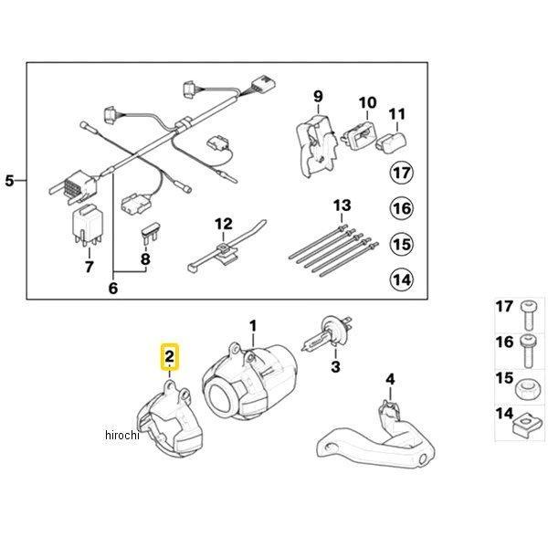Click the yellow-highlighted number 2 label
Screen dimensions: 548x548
pyautogui.click(x=170, y=357)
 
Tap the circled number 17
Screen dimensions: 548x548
pyautogui.click(x=402, y=173)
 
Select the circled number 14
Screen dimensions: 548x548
pyautogui.click(x=402, y=279)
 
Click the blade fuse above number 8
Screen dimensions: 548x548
pyautogui.click(x=150, y=234)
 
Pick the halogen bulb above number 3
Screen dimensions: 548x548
pyautogui.click(x=327, y=332)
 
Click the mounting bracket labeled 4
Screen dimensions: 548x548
pyautogui.click(x=376, y=433)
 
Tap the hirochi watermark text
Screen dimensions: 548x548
pyautogui.click(x=122, y=435)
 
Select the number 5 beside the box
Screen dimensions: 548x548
pyautogui.click(x=9, y=181)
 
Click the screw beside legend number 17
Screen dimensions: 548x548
pyautogui.click(x=528, y=316)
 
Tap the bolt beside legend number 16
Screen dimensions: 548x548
pyautogui.click(x=528, y=352)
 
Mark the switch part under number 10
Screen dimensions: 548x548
pyautogui.click(x=357, y=137)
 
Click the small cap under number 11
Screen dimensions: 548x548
pyautogui.click(x=391, y=142)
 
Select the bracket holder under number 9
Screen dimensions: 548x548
pyautogui.click(x=316, y=146)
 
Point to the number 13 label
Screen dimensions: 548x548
pyautogui.click(x=342, y=205)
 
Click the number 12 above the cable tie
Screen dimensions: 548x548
pyautogui.click(x=224, y=224)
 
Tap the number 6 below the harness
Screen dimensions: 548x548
pyautogui.click(x=113, y=289)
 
